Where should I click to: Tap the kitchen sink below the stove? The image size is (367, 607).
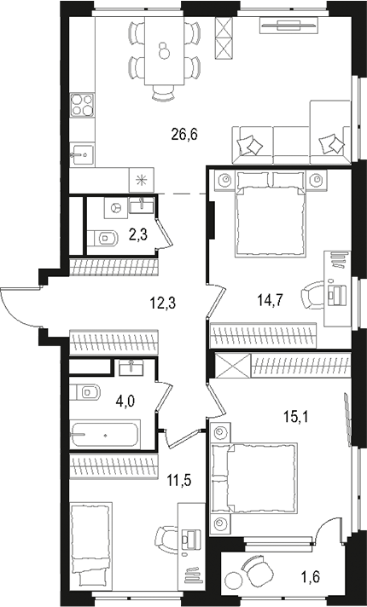pos(82,155)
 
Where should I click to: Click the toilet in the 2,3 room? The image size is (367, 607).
pos(103,238)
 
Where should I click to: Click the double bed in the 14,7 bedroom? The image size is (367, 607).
pos(270,213)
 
